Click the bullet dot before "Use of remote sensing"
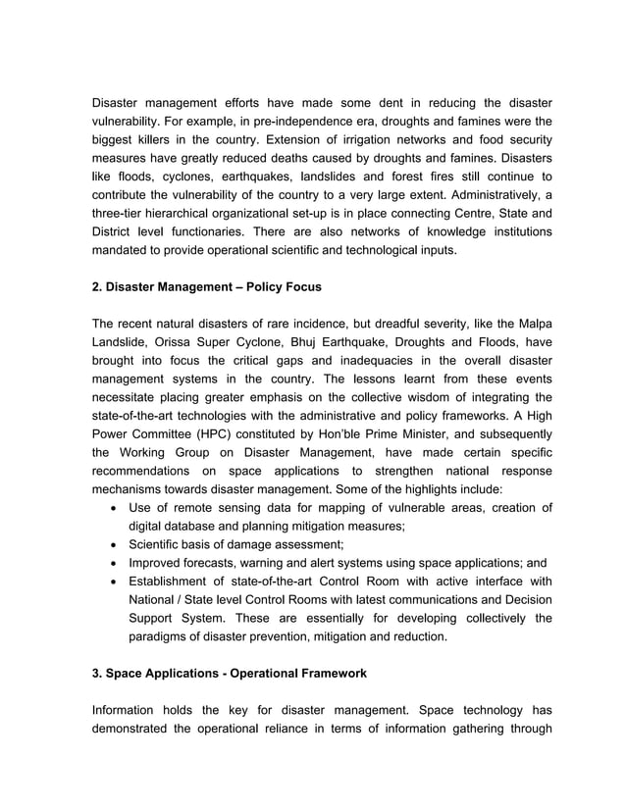[x=117, y=507]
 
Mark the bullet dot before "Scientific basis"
[x=117, y=544]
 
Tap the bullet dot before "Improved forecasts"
[x=117, y=563]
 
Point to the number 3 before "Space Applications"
[x=96, y=674]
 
